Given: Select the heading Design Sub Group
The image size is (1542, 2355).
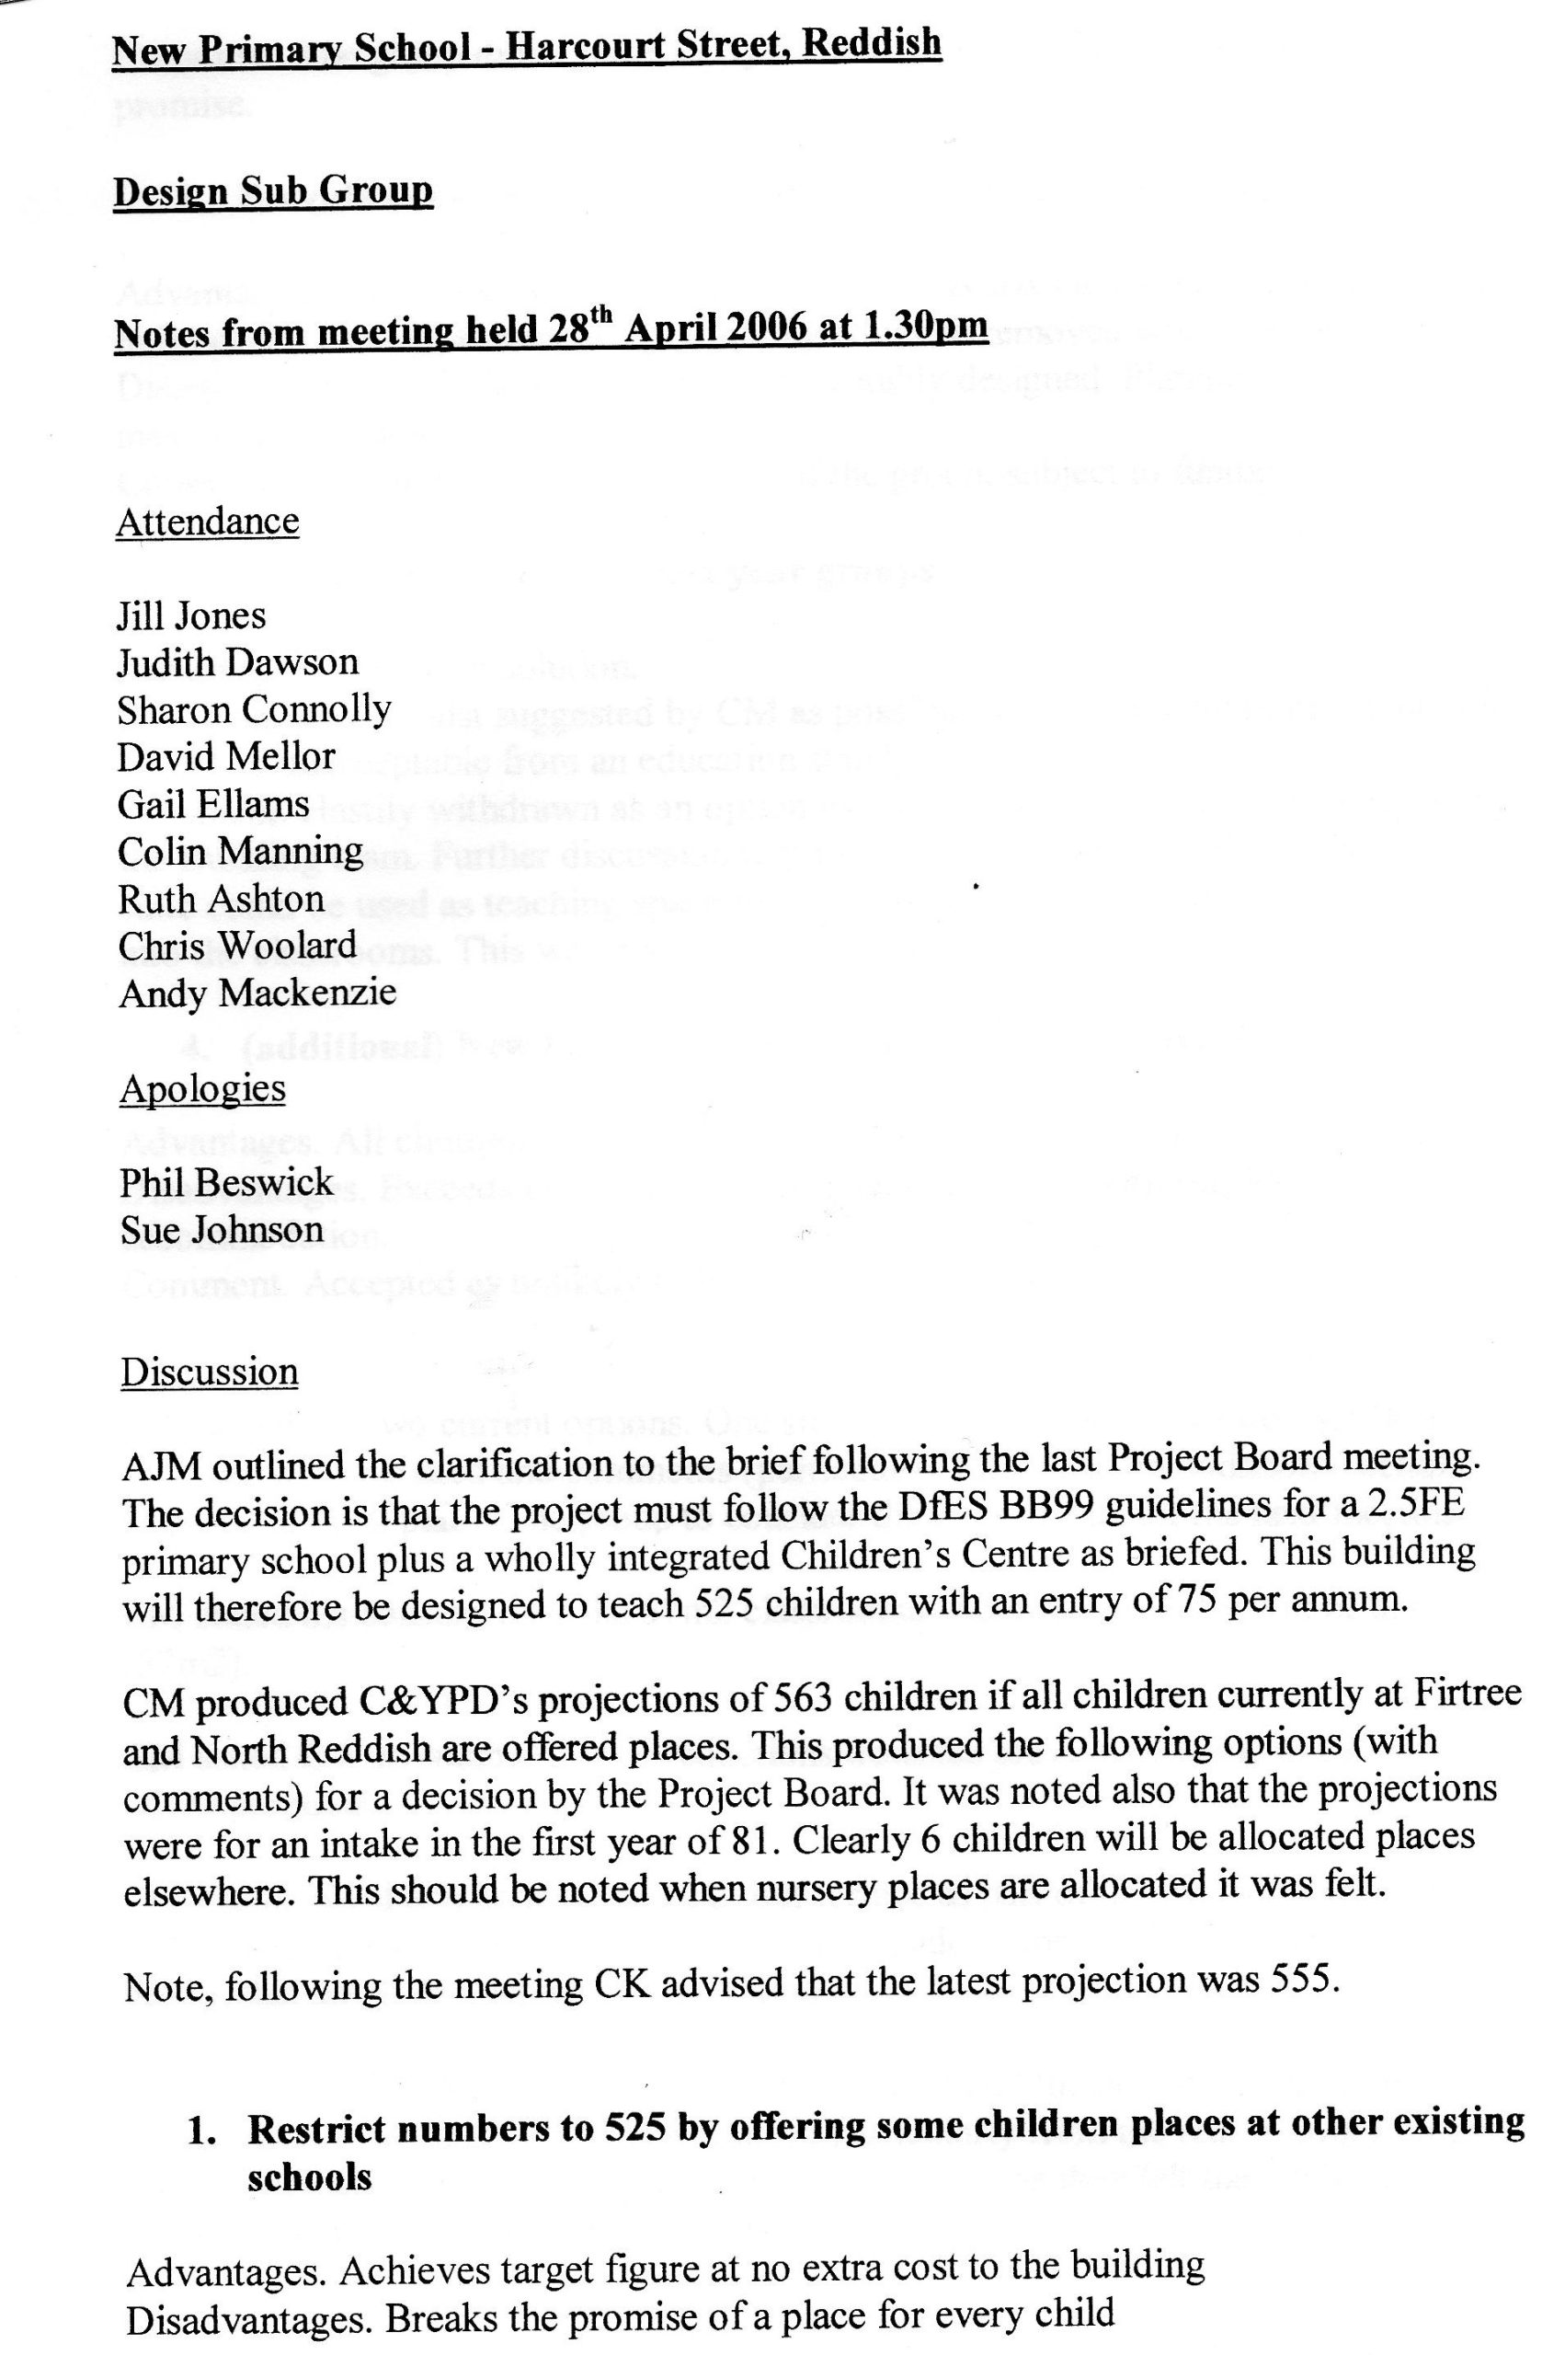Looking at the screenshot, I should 273,191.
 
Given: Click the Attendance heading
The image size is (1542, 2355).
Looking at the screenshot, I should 207,522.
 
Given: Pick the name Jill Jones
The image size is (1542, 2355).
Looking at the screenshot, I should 192,615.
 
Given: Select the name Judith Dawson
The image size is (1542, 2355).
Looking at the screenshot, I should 237,662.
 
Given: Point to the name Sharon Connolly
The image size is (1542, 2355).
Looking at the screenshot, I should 254,709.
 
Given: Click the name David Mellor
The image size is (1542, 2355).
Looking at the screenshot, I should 226,757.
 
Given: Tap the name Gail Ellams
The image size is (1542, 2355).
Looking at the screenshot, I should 213,803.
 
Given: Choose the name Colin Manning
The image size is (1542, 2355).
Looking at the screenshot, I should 240,851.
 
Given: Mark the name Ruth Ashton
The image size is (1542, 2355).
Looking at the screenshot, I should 222,899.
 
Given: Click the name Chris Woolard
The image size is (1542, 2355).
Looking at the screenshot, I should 237,945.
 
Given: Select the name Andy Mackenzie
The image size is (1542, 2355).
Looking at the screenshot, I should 257,993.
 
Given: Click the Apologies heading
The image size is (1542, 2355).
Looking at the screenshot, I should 203,1088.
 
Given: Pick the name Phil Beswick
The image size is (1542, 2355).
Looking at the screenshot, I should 226,1182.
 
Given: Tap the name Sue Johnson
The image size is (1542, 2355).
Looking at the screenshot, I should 222,1230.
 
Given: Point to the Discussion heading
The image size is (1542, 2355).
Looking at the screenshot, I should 209,1373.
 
